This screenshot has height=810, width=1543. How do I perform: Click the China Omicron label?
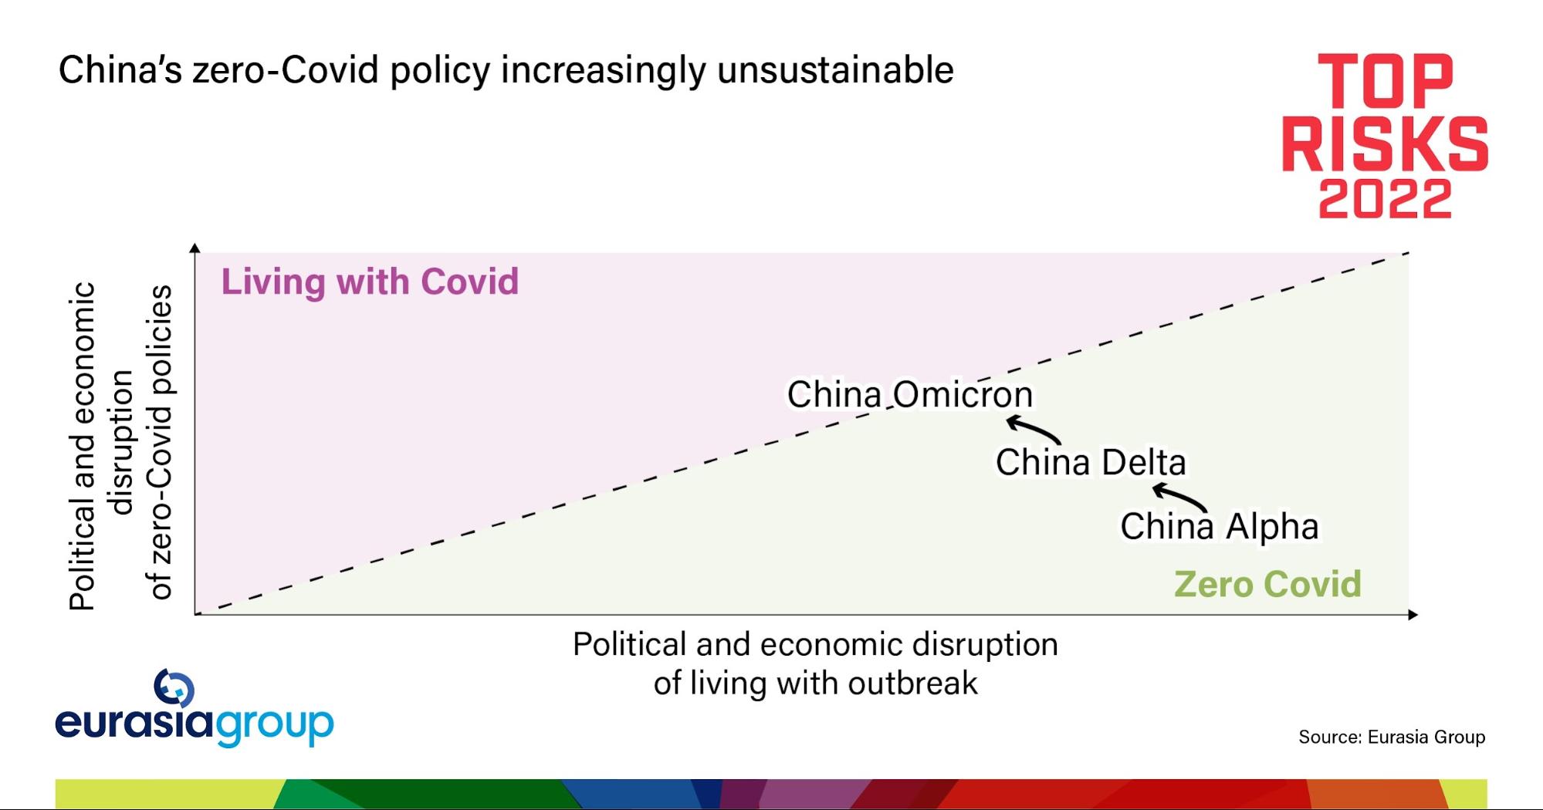click(x=909, y=394)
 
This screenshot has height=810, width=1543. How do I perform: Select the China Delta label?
click(x=1091, y=462)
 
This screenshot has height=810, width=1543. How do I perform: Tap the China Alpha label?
click(x=1220, y=526)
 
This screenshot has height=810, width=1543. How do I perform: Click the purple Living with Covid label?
click(x=370, y=282)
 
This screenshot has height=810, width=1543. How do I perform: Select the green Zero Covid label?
click(x=1267, y=584)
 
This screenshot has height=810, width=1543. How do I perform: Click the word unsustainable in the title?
click(x=835, y=70)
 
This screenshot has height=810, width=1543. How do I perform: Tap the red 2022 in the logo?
click(x=1385, y=198)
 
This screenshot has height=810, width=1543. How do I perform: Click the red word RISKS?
click(x=1385, y=143)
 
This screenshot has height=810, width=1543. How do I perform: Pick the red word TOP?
click(x=1385, y=81)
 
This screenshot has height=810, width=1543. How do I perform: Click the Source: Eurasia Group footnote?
click(x=1392, y=737)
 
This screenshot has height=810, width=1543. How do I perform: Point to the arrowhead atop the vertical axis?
click(x=195, y=247)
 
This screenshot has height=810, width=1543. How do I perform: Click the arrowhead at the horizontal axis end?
click(x=1413, y=615)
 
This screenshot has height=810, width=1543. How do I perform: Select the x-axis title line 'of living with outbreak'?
click(x=815, y=683)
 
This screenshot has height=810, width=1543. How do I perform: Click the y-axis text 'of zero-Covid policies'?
click(x=161, y=442)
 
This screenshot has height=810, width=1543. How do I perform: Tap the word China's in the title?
click(x=120, y=70)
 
